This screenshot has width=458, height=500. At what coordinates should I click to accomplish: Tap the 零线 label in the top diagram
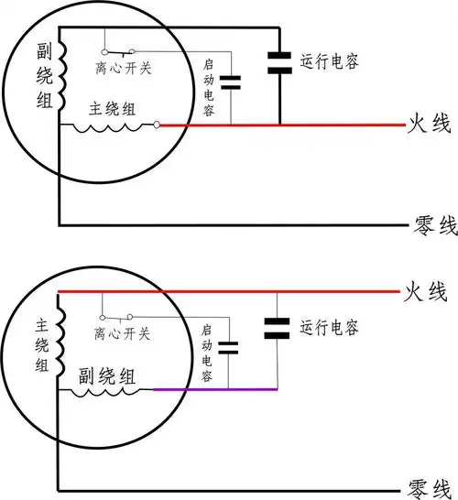pyautogui.click(x=426, y=223)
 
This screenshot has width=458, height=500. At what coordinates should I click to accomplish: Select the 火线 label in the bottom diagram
pyautogui.click(x=426, y=293)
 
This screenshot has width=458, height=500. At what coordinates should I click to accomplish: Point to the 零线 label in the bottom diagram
pyautogui.click(x=426, y=485)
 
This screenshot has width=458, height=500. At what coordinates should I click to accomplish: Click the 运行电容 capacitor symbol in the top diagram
pyautogui.click(x=280, y=60)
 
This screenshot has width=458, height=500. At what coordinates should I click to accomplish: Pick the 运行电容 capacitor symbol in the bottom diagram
pyautogui.click(x=276, y=327)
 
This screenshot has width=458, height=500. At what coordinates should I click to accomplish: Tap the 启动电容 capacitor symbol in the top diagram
pyautogui.click(x=231, y=82)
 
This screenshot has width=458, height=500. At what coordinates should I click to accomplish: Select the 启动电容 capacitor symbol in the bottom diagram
pyautogui.click(x=229, y=347)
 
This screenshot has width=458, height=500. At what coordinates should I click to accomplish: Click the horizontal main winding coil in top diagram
pyautogui.click(x=111, y=128)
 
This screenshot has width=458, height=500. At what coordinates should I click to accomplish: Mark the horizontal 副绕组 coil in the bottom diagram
pyautogui.click(x=107, y=392)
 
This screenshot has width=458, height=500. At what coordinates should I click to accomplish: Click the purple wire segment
pyautogui.click(x=214, y=389)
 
